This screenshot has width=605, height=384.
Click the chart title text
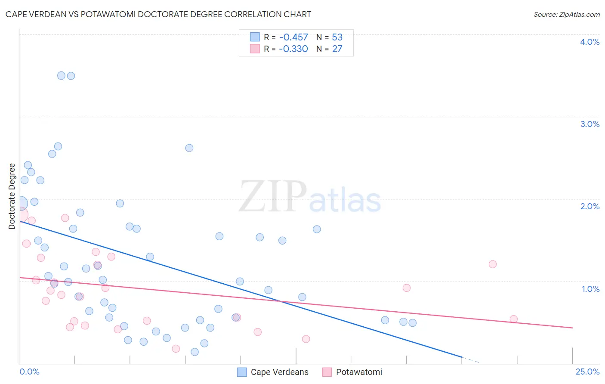158,14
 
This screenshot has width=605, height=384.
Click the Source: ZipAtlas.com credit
566,14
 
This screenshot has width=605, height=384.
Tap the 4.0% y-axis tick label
590,42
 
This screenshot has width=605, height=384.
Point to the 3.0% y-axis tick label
590,124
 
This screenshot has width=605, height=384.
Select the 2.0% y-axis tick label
590,206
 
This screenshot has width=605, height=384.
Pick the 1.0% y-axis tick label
590,289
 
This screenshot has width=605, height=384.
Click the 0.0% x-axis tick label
29,372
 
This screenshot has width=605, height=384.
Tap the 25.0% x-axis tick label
587,372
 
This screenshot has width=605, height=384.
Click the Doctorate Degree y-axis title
12,196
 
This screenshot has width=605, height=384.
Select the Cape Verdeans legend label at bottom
279,372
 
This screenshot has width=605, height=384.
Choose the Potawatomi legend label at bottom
359,372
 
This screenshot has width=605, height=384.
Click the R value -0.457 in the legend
293,37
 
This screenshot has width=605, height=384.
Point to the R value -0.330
293,49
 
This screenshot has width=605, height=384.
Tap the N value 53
337,37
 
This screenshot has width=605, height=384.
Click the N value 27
337,49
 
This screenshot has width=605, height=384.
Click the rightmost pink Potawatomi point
513,319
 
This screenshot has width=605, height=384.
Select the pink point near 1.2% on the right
493,264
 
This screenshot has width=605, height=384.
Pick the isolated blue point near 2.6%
189,148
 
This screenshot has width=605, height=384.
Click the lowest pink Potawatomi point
176,349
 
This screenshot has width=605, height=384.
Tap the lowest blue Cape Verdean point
194,352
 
